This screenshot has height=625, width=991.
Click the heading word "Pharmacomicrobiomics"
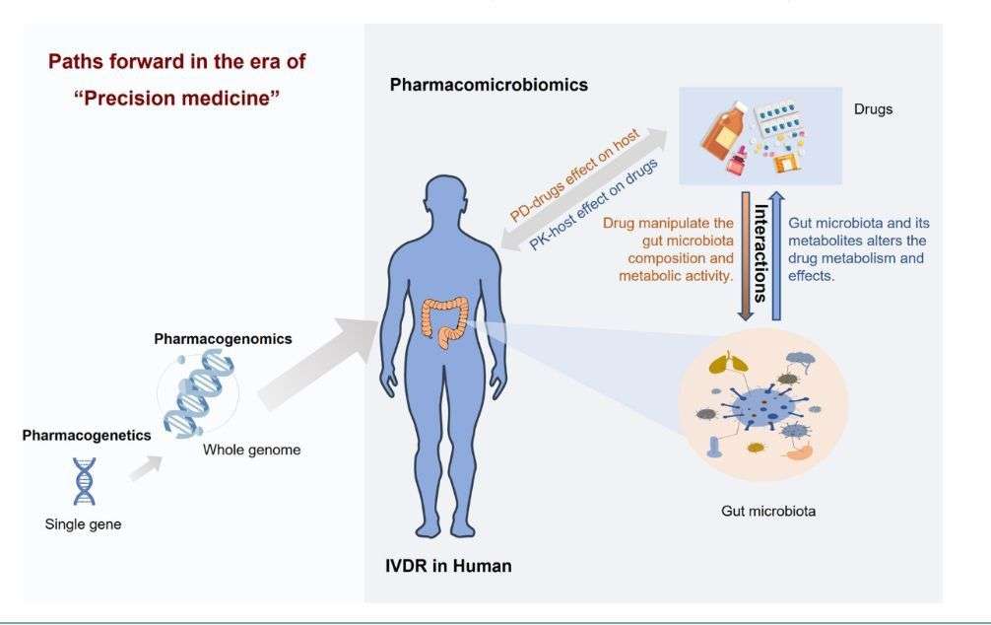[x=489, y=85]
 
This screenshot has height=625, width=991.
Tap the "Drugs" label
[x=873, y=108]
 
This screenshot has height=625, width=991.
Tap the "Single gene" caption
[x=84, y=524]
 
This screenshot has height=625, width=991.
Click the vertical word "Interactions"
[x=760, y=254]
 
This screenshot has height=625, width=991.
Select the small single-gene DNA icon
[x=85, y=480]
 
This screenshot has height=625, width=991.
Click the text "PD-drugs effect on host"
[x=575, y=174]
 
